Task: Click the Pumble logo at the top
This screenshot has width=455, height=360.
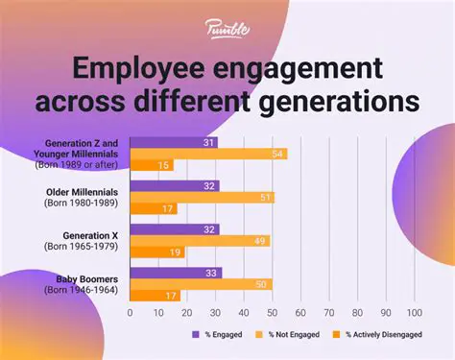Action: tap(227, 29)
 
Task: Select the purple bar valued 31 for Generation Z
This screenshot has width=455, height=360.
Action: tap(174, 143)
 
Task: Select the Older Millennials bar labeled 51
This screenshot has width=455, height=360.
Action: tap(202, 197)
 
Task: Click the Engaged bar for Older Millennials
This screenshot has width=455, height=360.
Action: tap(175, 186)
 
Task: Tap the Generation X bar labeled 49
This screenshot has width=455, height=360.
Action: tap(199, 240)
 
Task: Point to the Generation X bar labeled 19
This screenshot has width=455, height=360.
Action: tap(156, 252)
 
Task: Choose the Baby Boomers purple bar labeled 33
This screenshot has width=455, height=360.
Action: tap(176, 273)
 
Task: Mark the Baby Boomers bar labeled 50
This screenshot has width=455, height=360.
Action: tap(201, 284)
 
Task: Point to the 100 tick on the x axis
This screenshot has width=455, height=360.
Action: tap(416, 313)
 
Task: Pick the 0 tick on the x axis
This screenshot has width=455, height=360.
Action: tap(130, 313)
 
